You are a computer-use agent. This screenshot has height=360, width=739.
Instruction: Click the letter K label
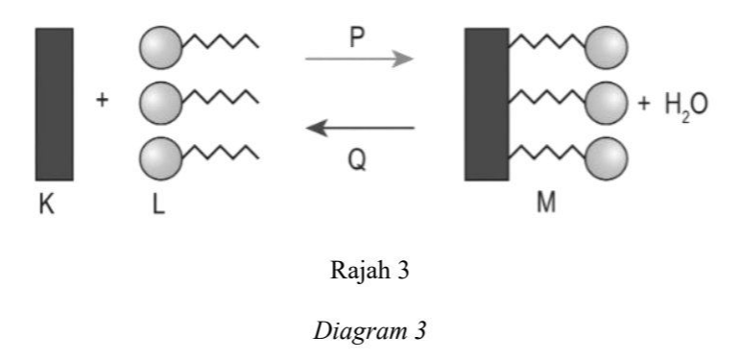[x=47, y=205]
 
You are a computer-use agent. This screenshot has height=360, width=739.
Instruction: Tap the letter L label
[x=158, y=205]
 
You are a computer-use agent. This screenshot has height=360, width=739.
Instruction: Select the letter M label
[x=546, y=204]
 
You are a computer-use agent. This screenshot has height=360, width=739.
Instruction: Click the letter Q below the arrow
[x=357, y=161]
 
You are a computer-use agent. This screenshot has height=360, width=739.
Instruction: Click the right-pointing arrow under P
[x=359, y=60]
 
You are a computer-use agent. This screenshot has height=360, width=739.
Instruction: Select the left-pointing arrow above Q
[x=360, y=128]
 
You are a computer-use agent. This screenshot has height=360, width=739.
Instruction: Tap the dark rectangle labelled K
[x=54, y=104]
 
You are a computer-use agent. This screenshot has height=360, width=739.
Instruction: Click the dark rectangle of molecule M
[x=487, y=104]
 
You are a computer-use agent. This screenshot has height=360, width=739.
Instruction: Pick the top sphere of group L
[x=160, y=47]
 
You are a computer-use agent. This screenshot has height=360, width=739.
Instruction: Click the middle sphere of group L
[x=160, y=103]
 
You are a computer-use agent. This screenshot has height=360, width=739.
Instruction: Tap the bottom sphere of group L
[x=160, y=158]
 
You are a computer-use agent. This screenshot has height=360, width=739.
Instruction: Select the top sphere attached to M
[x=607, y=48]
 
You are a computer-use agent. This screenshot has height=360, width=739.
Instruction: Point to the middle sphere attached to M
[x=607, y=103]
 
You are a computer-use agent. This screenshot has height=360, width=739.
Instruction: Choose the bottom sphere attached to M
[x=607, y=158]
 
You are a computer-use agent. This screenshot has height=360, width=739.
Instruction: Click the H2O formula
[x=686, y=106]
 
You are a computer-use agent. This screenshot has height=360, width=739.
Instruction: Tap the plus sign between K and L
[x=102, y=100]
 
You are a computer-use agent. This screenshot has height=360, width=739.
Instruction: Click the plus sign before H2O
[x=644, y=104]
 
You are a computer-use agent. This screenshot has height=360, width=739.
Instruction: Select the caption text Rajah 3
[x=369, y=272]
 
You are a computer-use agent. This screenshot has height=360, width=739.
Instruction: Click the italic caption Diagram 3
[x=369, y=331]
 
